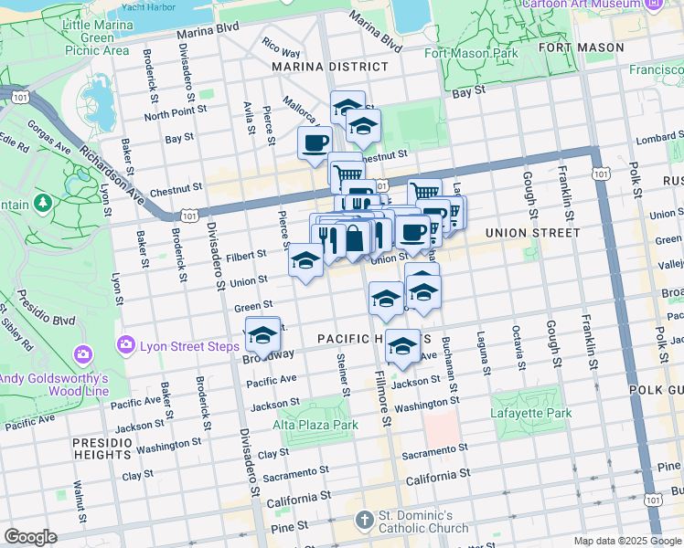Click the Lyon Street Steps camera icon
tap(126, 345)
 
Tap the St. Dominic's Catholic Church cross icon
tap(364, 519)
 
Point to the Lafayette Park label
tap(531, 413)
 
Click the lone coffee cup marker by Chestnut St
tap(315, 142)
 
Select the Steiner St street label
tap(343, 375)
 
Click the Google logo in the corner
tap(30, 537)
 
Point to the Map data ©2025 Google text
tap(625, 541)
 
